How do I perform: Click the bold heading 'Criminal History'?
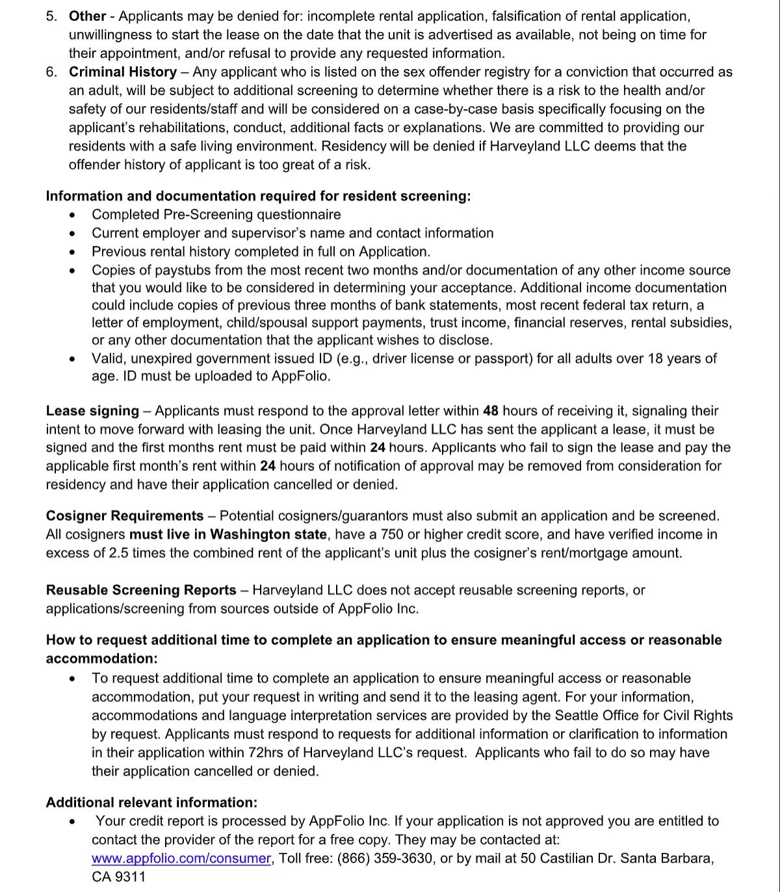[x=123, y=72]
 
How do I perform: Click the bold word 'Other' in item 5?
[x=87, y=16]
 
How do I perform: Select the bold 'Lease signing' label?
[x=92, y=411]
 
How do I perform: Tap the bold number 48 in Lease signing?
[x=490, y=411]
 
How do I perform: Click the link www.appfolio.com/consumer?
[x=181, y=858]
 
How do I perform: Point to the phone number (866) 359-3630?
[x=385, y=858]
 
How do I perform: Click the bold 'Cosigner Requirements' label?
[x=125, y=516]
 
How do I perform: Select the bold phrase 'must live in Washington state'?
[x=228, y=535]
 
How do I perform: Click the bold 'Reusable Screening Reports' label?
[x=141, y=591]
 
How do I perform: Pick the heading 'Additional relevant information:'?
[x=151, y=803]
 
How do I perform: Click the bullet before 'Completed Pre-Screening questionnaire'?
[x=75, y=215]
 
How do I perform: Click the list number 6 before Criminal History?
[x=51, y=72]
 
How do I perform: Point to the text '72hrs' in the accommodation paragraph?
[x=265, y=753]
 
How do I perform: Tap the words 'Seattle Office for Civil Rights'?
[x=643, y=716]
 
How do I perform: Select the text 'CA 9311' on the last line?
[x=118, y=877]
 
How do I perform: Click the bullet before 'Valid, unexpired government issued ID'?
[x=75, y=359]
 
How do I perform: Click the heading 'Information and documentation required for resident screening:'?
[x=258, y=196]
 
